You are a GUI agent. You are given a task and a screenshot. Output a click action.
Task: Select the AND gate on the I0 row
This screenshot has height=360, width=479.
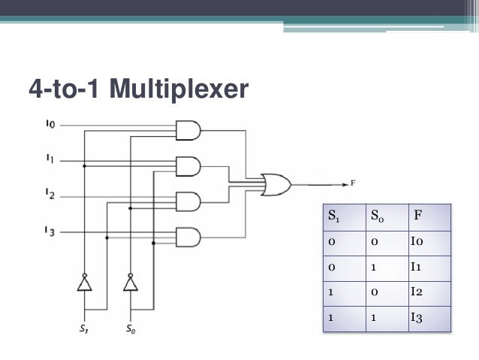tap(187, 130)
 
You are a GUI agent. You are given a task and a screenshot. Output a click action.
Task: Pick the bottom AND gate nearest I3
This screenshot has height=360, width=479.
tap(187, 238)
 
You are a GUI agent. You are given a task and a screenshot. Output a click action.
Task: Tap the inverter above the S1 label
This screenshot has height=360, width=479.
tap(85, 283)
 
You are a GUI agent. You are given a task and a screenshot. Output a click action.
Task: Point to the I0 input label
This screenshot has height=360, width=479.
tap(49, 124)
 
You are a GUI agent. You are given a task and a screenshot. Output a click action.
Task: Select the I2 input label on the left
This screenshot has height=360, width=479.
tap(49, 195)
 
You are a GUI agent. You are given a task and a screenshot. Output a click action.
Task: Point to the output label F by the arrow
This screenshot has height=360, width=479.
tap(354, 183)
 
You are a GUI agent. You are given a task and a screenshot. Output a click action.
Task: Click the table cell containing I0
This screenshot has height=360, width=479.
tap(417, 242)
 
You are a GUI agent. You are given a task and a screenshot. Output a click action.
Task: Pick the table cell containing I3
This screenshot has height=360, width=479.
tap(417, 318)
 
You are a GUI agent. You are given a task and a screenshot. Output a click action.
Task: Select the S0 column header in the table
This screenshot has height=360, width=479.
tap(378, 218)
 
